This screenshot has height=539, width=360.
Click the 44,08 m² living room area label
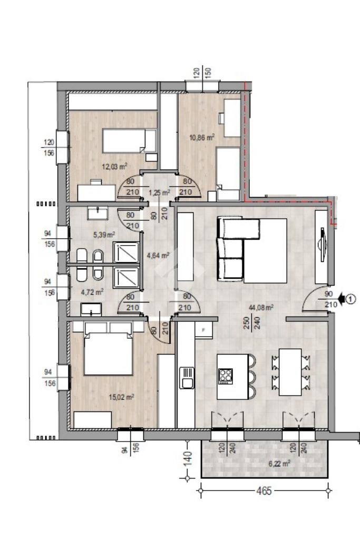click(x=261, y=308)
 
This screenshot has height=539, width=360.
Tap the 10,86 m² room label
click(x=202, y=138)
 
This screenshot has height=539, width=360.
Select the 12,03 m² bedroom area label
click(x=115, y=166)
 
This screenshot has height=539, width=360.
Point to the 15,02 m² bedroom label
click(x=121, y=397)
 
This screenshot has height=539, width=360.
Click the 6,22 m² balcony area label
click(x=279, y=464)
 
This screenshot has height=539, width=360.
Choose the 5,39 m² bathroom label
click(x=104, y=235)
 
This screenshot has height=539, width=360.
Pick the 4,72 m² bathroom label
click(x=92, y=292)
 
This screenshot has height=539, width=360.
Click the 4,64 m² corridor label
click(x=158, y=256)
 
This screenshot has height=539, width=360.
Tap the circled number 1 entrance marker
click(x=350, y=299)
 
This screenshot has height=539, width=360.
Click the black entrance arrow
click(x=342, y=299)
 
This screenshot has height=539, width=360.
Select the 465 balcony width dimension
click(x=264, y=490)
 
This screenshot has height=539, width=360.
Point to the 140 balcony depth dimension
click(x=188, y=458)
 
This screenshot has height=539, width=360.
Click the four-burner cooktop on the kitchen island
click(x=226, y=376)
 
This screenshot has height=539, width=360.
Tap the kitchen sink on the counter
click(x=187, y=378)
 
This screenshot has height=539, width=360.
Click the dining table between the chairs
click(x=290, y=372)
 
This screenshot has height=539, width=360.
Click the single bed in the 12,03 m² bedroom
click(x=129, y=141)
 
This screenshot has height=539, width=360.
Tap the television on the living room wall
click(x=322, y=244)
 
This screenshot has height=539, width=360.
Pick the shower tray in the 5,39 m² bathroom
click(x=126, y=252)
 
